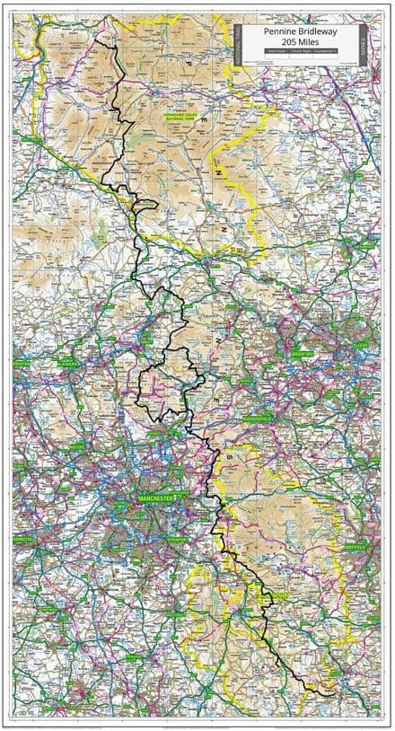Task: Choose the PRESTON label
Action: [x=22, y=364]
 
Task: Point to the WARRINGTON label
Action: [x=22, y=539]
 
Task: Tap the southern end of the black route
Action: [x=334, y=691]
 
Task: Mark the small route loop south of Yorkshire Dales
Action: [x=145, y=206]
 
